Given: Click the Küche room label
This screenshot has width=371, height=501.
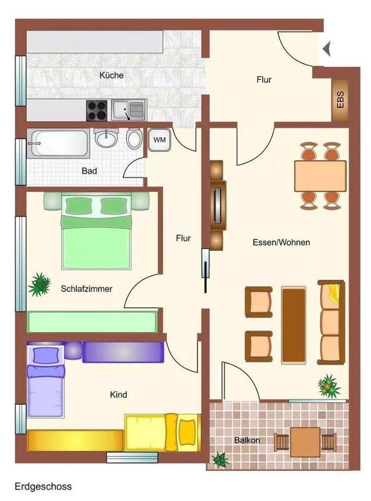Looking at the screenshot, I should pyautogui.click(x=111, y=75).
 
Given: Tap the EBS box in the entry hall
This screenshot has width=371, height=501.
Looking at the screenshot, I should pyautogui.click(x=340, y=100).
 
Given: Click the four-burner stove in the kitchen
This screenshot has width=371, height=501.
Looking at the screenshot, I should pyautogui.click(x=97, y=110).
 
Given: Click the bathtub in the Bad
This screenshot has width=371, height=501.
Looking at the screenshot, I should pyautogui.click(x=58, y=142).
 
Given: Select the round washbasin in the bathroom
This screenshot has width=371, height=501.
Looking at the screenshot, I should pyautogui.click(x=106, y=138).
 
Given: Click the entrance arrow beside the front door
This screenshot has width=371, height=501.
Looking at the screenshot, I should pyautogui.click(x=327, y=49).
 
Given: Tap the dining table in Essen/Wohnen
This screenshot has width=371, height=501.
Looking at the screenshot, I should pyautogui.click(x=320, y=176).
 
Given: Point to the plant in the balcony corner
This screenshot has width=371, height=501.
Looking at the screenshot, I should pyautogui.click(x=220, y=460).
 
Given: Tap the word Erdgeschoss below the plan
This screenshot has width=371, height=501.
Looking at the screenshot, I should pyautogui.click(x=43, y=486).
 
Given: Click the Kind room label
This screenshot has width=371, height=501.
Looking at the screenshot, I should pyautogui.click(x=119, y=395).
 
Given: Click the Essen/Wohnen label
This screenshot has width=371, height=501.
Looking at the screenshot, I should pyautogui.click(x=281, y=242).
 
